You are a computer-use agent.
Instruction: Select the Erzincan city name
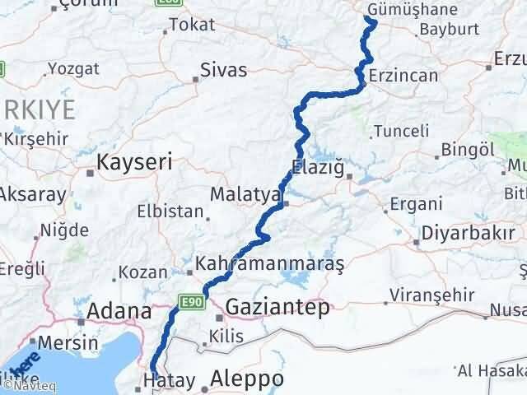[x=403, y=75]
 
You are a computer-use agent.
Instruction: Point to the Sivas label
[x=224, y=71]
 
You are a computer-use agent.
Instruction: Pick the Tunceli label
[x=402, y=131]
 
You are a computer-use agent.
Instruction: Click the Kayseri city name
[x=135, y=162]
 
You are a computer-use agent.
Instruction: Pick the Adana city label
[x=120, y=312]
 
